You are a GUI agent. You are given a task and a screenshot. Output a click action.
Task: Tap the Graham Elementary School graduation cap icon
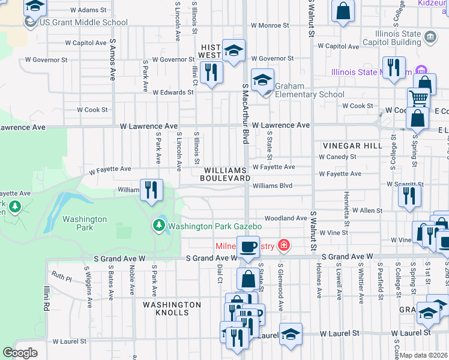coord(262,80)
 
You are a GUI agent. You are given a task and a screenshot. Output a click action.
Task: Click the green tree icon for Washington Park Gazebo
coord(159,226)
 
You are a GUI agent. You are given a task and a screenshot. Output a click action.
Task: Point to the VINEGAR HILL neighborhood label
coord(352,146)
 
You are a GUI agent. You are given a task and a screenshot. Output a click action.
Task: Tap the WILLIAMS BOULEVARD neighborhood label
coord(224,175)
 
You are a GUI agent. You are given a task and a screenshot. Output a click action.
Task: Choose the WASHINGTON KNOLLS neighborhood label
coord(172,305)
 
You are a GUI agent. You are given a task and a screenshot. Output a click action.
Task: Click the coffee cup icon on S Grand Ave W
coord(247,246)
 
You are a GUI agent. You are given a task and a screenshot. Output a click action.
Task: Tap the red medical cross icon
coord(283,245)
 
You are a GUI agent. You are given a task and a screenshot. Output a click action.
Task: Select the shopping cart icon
coord(418,98)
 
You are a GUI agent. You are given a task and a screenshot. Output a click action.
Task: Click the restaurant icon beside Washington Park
coord(152,190)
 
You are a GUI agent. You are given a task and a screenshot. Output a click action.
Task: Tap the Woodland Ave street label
coord(286,218)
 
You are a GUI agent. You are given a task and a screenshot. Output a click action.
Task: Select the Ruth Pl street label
coord(61,278)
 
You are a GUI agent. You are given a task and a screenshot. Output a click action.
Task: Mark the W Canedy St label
coord(337,157)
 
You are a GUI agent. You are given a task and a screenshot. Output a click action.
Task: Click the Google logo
coord(20,353)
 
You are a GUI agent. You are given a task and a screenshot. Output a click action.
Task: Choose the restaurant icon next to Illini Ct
coord(211,73)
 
